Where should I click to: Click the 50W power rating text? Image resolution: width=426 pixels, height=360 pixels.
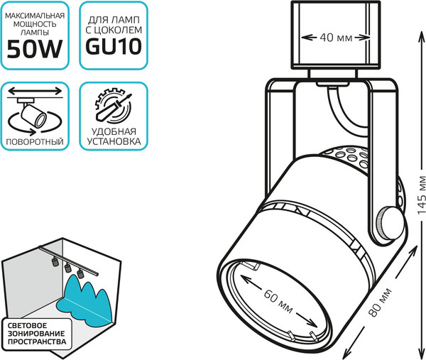pyautogui.click(x=35, y=49)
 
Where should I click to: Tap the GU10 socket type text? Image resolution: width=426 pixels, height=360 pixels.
pyautogui.click(x=114, y=46)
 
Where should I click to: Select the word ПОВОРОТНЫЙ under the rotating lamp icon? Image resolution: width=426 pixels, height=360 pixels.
pyautogui.click(x=35, y=141)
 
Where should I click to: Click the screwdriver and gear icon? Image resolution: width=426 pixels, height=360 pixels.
pyautogui.click(x=114, y=105)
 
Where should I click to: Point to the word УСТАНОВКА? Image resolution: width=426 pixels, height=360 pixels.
pyautogui.click(x=114, y=141)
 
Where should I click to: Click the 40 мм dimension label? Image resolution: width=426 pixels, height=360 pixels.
pyautogui.click(x=336, y=38)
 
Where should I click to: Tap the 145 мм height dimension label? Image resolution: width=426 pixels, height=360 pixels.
pyautogui.click(x=421, y=195)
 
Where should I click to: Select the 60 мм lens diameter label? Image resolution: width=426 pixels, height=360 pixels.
pyautogui.click(x=278, y=301)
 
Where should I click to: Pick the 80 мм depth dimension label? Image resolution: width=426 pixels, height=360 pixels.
pyautogui.click(x=381, y=302)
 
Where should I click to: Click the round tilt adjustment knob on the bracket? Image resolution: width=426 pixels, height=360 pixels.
pyautogui.click(x=387, y=223)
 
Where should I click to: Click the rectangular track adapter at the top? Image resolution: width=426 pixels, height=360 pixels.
pyautogui.click(x=336, y=36)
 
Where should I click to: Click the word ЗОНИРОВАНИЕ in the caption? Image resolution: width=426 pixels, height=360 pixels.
pyautogui.click(x=36, y=334)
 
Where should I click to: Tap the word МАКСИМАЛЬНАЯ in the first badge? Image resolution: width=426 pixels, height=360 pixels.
pyautogui.click(x=35, y=16)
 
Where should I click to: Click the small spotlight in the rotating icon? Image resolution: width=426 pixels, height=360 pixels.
pyautogui.click(x=33, y=115)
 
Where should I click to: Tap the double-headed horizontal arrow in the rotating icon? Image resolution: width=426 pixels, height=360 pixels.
pyautogui.click(x=35, y=90)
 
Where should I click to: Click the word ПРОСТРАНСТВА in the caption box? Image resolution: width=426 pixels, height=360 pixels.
pyautogui.click(x=37, y=342)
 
